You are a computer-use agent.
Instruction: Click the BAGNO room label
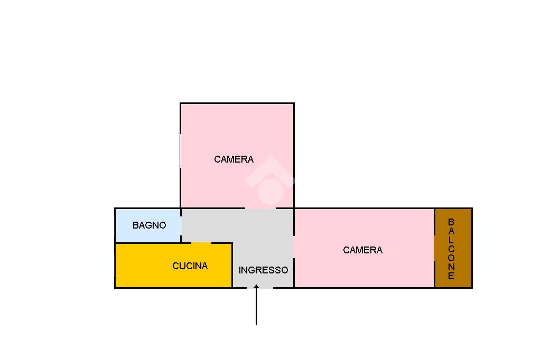point(150,225)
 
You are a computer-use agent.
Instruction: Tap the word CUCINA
point(190,266)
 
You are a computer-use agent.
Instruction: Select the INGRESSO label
point(263,270)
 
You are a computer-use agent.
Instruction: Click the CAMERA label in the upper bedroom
point(234,159)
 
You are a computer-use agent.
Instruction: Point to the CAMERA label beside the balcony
point(362,250)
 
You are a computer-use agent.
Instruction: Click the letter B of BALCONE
point(451,222)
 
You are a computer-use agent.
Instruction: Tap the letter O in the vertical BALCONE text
point(451,258)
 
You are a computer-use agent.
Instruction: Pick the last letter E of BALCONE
point(451,276)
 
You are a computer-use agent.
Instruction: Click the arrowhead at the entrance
point(256,287)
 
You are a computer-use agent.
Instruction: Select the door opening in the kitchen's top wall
point(201,243)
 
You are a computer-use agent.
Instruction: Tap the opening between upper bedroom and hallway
point(260,209)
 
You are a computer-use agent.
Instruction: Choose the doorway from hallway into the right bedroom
point(294,247)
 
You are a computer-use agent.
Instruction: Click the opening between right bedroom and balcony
point(434,248)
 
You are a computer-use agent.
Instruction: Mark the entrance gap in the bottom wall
point(260,288)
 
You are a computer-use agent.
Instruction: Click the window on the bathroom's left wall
point(115,226)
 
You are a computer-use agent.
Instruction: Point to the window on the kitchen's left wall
point(115,265)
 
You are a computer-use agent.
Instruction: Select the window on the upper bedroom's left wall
point(181,151)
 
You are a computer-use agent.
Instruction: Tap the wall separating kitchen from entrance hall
point(232,265)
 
